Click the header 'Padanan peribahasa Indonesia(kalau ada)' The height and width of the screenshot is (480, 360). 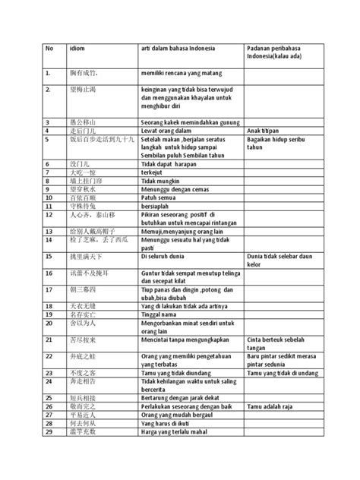pos(273,54)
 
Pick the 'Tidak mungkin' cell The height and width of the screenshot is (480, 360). pos(161,181)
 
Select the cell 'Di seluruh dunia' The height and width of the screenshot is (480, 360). pos(164,257)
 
